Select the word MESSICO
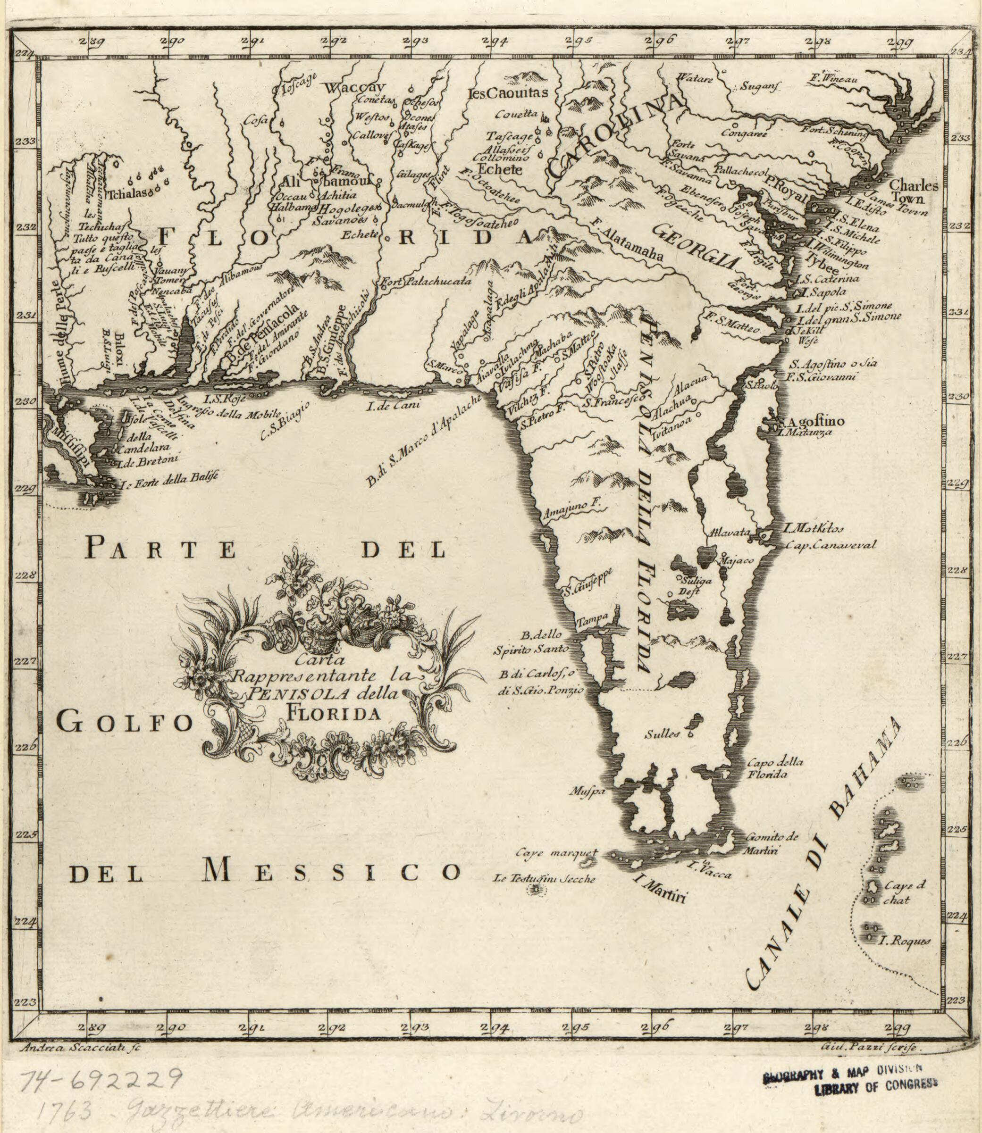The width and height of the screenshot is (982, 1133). [331, 872]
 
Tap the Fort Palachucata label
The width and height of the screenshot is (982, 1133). [426, 282]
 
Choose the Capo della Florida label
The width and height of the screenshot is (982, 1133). [767, 767]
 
